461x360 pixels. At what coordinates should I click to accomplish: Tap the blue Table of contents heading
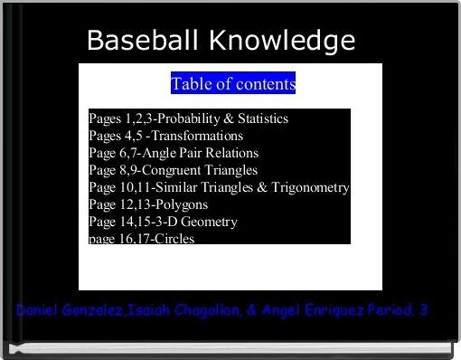233,85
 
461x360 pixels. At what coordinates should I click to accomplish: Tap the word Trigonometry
308,187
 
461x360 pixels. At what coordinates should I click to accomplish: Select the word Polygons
183,204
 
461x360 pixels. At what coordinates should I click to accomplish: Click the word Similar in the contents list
176,187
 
